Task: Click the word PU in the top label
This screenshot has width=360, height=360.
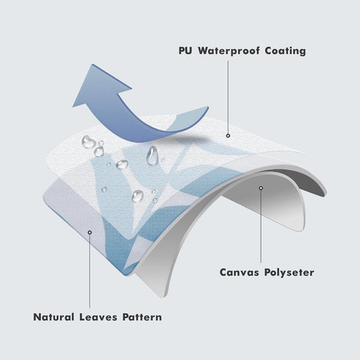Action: coord(185,51)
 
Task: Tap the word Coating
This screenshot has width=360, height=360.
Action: coord(285,51)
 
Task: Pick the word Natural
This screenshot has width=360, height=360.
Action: coord(54,317)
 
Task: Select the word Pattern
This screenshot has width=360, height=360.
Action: coord(142,317)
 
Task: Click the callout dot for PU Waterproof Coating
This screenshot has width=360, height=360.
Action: coord(228,136)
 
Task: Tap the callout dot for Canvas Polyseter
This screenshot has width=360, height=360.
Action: coord(261,188)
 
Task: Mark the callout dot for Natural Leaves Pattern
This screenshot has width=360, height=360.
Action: coord(90,232)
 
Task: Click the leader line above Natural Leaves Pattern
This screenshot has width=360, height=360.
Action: coord(90,271)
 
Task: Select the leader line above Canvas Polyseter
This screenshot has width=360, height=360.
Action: coord(261,226)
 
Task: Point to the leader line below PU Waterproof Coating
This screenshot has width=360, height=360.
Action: coord(228,97)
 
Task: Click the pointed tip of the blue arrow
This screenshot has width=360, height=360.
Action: coord(93,65)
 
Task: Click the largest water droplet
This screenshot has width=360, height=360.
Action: coord(88,142)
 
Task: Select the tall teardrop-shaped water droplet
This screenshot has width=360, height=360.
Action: coord(152,156)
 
